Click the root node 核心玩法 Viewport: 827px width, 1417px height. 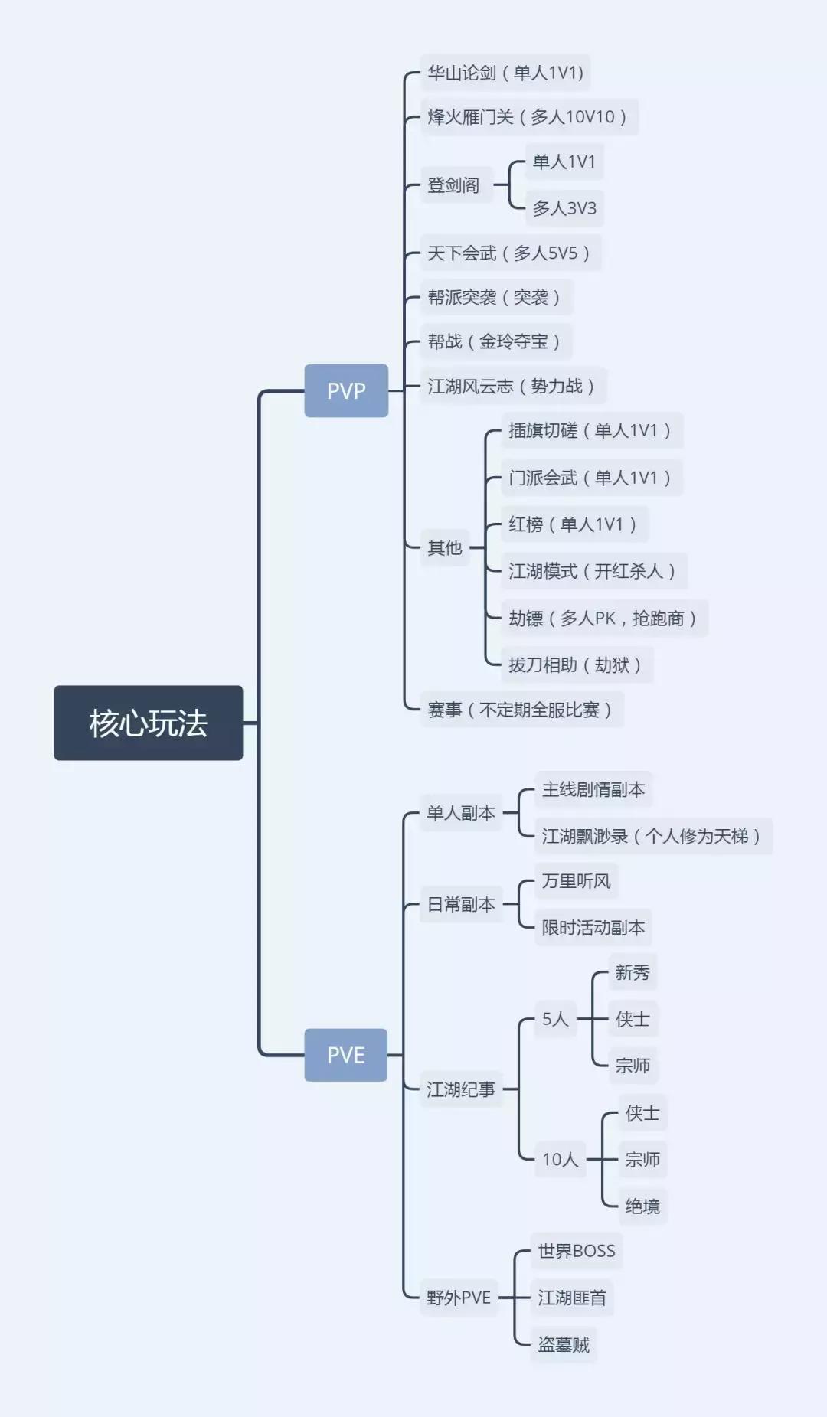pyautogui.click(x=148, y=723)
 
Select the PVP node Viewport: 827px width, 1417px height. pyautogui.click(x=346, y=390)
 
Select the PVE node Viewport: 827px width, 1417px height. pyautogui.click(x=346, y=1055)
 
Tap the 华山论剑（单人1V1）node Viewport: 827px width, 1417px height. pyautogui.click(x=505, y=73)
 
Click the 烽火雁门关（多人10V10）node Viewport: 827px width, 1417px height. pyautogui.click(x=528, y=117)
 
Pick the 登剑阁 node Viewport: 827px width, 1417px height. pyautogui.click(x=453, y=185)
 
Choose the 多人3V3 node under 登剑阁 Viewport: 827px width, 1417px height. pyautogui.click(x=564, y=208)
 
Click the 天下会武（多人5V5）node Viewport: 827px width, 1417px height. pyautogui.click(x=510, y=253)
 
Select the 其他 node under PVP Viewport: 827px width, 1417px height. pyautogui.click(x=445, y=547)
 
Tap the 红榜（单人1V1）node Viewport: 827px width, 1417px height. pyautogui.click(x=574, y=524)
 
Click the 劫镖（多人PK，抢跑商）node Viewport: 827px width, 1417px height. pyautogui.click(x=603, y=619)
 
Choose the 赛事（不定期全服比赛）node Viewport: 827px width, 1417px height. pyautogui.click(x=521, y=710)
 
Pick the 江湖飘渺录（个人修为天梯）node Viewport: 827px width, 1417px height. pyautogui.click(x=652, y=836)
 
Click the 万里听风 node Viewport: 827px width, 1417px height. pyautogui.click(x=576, y=881)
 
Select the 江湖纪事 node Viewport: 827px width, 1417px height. pyautogui.click(x=461, y=1089)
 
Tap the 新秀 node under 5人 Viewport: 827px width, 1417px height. pyautogui.click(x=633, y=972)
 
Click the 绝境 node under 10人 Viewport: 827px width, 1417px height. pyautogui.click(x=642, y=1206)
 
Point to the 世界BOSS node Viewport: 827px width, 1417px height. pyautogui.click(x=577, y=1251)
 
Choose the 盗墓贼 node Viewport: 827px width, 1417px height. pyautogui.click(x=564, y=1345)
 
